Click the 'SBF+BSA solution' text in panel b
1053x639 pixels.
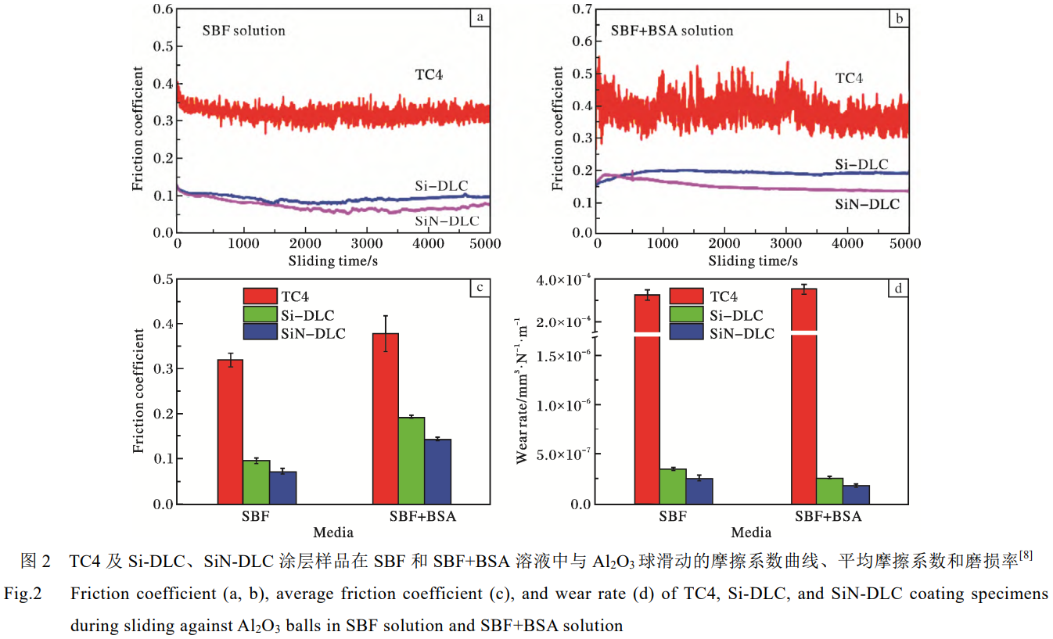click(x=671, y=31)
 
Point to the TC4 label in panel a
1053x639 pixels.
click(x=429, y=75)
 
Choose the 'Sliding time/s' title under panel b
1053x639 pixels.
click(x=753, y=260)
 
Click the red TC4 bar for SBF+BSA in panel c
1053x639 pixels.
click(x=386, y=418)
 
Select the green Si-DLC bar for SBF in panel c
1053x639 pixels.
click(x=256, y=482)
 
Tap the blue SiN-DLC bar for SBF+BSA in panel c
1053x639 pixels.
click(x=438, y=472)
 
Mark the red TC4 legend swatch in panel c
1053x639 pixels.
click(x=260, y=296)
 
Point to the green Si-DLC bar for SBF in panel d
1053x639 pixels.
click(x=673, y=486)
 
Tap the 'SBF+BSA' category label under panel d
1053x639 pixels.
click(x=828, y=517)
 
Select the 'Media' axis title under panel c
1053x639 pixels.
click(x=333, y=533)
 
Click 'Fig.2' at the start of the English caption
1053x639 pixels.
click(x=22, y=594)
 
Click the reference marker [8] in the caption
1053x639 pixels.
click(x=1026, y=556)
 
